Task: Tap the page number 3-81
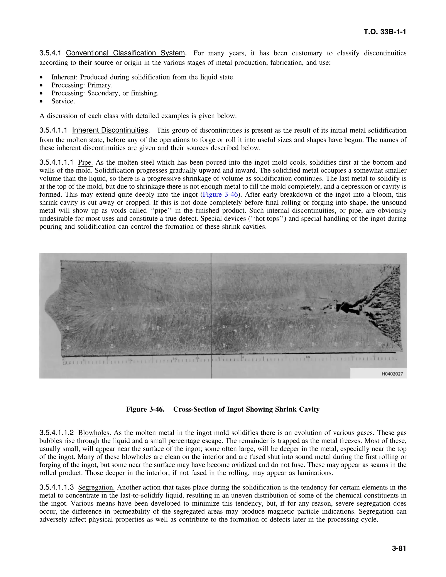click(399, 548)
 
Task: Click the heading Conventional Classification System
click(125, 53)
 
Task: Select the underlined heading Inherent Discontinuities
click(110, 130)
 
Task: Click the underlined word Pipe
click(85, 162)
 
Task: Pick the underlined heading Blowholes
click(94, 433)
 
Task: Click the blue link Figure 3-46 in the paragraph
click(220, 195)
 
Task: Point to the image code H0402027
click(392, 374)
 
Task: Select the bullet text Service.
click(63, 101)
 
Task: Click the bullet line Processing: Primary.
click(82, 85)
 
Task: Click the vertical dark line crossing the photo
click(211, 304)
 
